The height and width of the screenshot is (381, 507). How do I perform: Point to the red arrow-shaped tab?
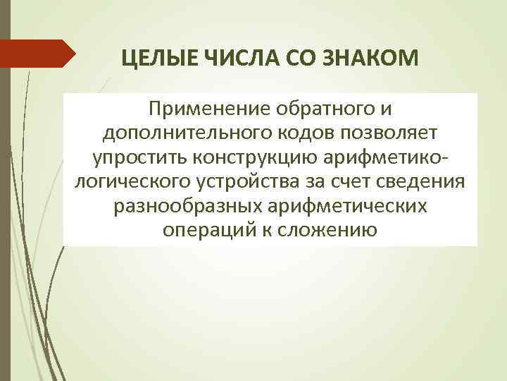[x=38, y=54]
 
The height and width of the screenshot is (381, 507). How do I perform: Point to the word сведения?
[x=423, y=181]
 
